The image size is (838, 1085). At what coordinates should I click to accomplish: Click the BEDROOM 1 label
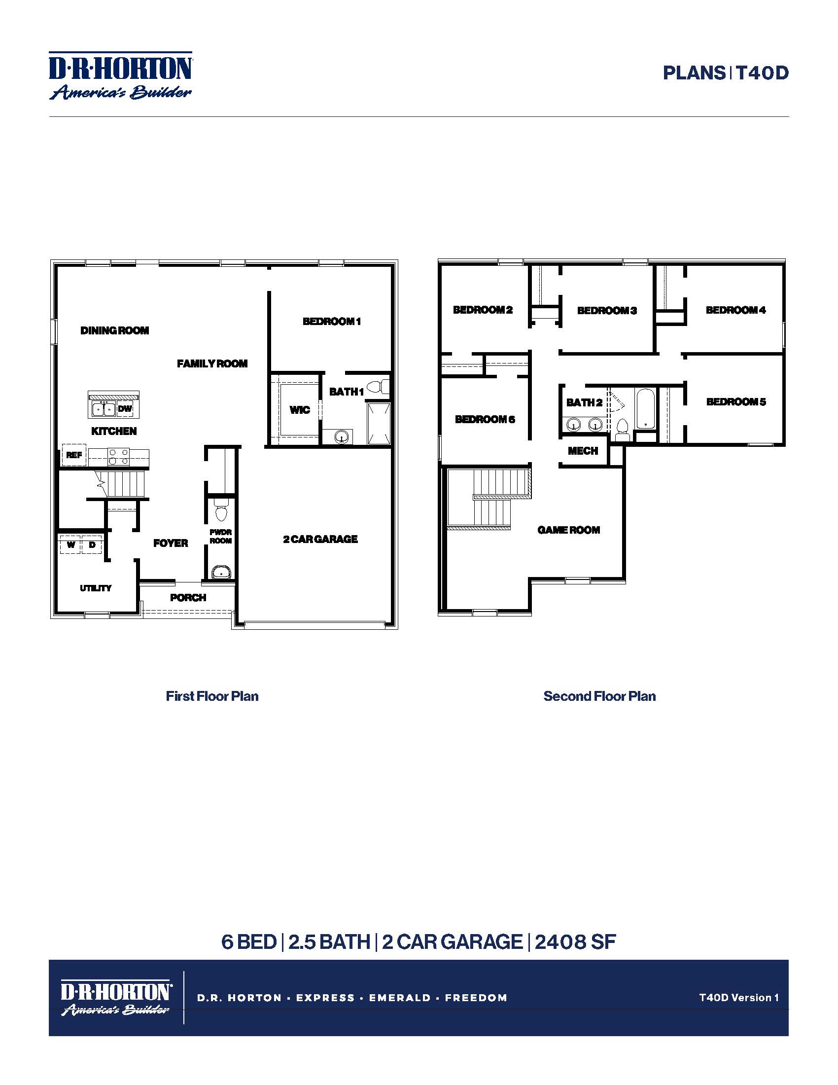pos(332,322)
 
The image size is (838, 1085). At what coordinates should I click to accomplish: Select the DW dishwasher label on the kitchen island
pos(125,409)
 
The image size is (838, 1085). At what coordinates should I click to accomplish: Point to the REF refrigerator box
pos(74,455)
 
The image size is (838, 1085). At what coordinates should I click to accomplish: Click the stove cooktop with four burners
pos(119,457)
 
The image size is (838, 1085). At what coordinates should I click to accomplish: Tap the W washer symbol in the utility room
pos(71,545)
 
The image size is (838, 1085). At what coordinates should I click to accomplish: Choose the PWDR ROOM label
pos(220,536)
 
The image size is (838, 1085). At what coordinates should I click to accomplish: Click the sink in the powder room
pos(220,573)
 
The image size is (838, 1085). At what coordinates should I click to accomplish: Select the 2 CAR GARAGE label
pos(320,539)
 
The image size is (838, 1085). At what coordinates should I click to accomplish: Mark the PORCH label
pos(188,598)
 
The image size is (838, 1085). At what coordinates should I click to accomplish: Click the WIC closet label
pos(299,410)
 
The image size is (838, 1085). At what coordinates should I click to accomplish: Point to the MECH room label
pos(583,451)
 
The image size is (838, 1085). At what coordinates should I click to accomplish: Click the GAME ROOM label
pos(568,530)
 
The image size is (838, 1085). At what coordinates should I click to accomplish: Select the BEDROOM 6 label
pos(485,419)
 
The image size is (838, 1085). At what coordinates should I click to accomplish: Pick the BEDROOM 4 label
pos(735,310)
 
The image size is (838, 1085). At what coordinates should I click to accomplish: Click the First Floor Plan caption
pos(212,696)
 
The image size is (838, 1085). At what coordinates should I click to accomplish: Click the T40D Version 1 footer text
pos(738,998)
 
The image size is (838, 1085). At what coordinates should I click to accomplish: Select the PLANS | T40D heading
pos(725,73)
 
